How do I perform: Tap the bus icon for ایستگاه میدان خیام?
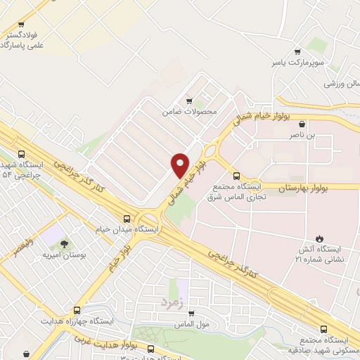click(127, 219)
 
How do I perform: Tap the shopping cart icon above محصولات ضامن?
click(188, 100)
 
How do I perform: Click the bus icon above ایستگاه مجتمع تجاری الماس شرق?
click(236, 176)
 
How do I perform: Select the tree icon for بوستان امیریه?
click(65, 243)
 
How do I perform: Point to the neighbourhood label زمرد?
click(172, 301)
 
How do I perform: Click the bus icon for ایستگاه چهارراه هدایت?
click(77, 309)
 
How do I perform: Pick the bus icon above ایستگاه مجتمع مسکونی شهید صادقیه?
click(323, 328)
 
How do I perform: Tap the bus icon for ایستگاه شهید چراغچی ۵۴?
click(21, 153)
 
